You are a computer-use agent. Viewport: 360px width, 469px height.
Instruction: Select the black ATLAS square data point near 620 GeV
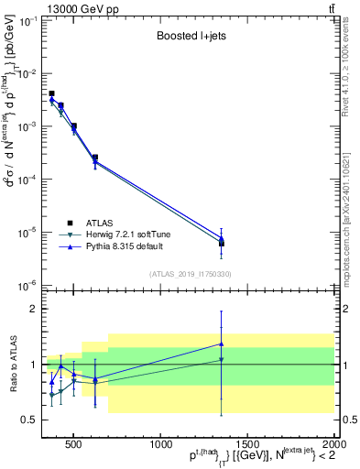tap(95, 158)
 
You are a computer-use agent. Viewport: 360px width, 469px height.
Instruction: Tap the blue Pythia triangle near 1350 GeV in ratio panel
tap(222, 344)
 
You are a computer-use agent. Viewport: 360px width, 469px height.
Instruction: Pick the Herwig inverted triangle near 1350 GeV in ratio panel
tap(222, 360)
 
